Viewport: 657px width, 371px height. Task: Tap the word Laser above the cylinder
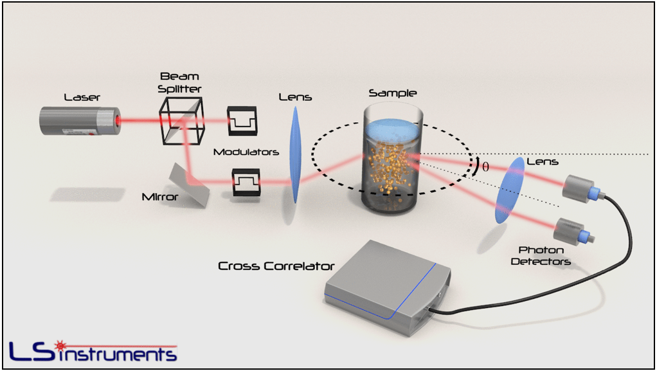(82, 97)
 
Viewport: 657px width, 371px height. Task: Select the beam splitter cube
(181, 120)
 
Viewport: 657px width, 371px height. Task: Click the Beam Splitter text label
(179, 82)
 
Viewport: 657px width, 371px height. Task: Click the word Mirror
(160, 197)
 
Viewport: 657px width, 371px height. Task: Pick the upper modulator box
(242, 120)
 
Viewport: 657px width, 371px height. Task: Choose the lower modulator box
(246, 182)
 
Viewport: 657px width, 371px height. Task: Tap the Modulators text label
(246, 152)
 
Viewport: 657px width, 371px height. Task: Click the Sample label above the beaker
(393, 93)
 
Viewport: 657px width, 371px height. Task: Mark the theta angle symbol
(485, 167)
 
